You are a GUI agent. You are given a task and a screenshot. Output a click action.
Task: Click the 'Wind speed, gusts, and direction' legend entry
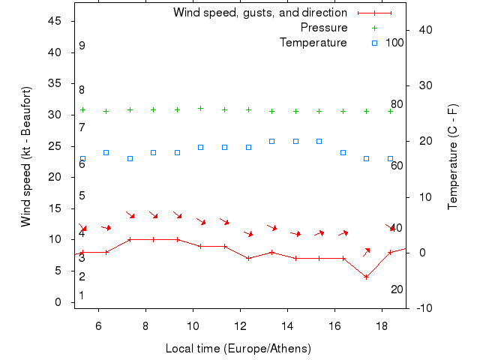pyautogui.click(x=259, y=13)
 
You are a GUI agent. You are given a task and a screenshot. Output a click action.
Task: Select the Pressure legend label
pyautogui.click(x=324, y=28)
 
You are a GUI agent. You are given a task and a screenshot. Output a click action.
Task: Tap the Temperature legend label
pyautogui.click(x=313, y=43)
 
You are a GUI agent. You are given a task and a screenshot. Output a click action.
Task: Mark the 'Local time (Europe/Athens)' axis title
pyautogui.click(x=238, y=349)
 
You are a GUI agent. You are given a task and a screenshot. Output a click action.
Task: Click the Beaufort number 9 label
pyautogui.click(x=82, y=46)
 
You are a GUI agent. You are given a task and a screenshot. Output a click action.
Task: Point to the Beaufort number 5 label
pyautogui.click(x=82, y=196)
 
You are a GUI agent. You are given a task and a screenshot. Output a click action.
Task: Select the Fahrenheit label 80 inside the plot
pyautogui.click(x=397, y=104)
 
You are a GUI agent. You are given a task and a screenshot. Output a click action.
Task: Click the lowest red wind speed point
pyautogui.click(x=366, y=277)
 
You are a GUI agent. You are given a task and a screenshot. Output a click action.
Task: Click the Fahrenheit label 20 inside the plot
pyautogui.click(x=397, y=289)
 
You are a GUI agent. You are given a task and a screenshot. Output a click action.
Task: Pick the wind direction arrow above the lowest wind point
pyautogui.click(x=367, y=251)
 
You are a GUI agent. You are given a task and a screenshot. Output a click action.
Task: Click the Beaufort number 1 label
pyautogui.click(x=82, y=295)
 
